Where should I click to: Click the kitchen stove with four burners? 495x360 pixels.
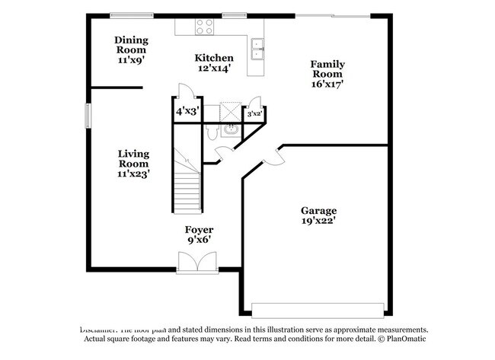pos(204,27)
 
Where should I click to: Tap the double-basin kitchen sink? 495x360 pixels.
pos(259,49)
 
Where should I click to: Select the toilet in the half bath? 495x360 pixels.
pos(212,132)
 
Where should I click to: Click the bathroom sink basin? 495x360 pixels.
pos(229,130)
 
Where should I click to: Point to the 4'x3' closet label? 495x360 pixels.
pos(187,111)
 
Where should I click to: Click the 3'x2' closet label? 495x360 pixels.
pos(254,113)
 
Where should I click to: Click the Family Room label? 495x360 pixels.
pos(327,75)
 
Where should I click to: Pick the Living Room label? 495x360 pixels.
pos(133,164)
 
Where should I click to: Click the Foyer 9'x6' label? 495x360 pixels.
pos(199,234)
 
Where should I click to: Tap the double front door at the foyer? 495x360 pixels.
pos(197,263)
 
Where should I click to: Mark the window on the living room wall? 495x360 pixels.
pos(88,117)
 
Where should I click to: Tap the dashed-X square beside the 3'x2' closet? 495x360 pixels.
pos(230,110)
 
